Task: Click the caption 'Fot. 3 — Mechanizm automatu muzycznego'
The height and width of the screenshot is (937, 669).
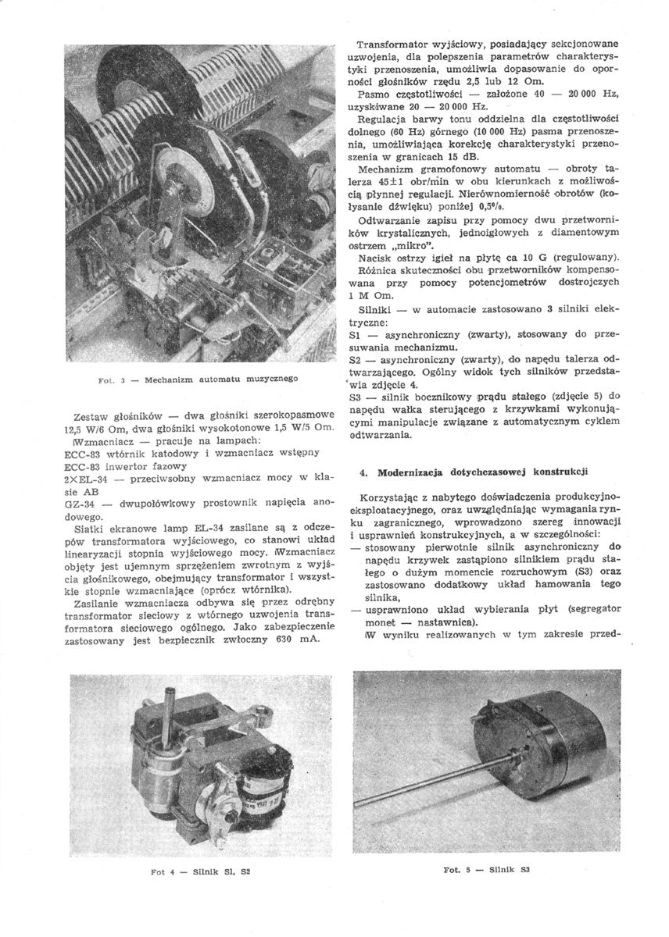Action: coord(198,379)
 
